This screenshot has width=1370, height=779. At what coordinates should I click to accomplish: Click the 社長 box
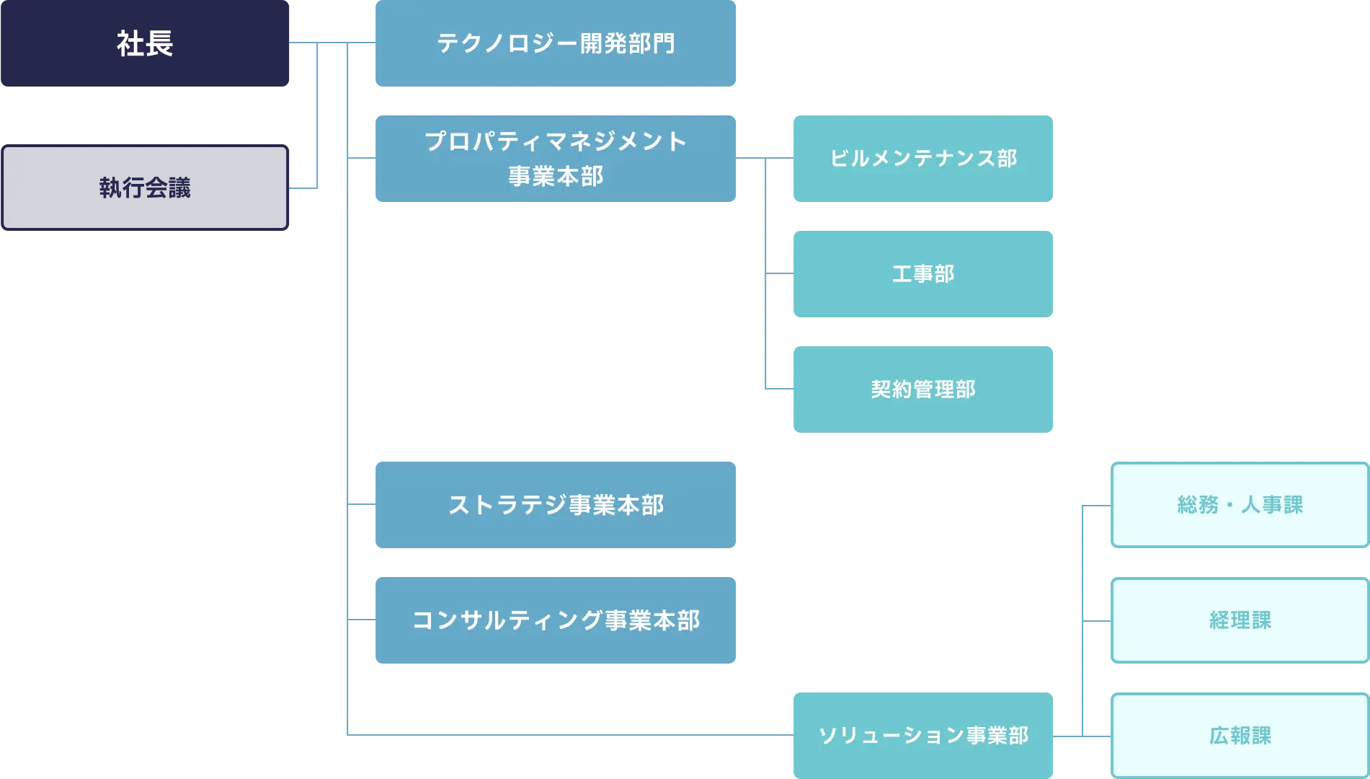pos(146,43)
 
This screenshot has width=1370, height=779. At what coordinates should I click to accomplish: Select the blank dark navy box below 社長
pos(146,188)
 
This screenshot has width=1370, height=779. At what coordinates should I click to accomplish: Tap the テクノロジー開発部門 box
pos(556,43)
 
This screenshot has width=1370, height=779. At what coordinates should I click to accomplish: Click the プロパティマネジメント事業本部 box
pos(556,159)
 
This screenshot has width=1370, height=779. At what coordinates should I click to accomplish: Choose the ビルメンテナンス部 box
pos(922,159)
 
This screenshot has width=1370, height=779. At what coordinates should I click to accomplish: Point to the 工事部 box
pos(922,274)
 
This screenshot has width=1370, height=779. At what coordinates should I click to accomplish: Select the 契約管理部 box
pos(922,389)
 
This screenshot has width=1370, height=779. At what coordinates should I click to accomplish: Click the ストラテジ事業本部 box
pos(556,505)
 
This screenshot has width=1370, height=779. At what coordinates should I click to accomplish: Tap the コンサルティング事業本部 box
pos(556,620)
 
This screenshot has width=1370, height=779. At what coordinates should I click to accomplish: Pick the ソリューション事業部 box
pos(922,736)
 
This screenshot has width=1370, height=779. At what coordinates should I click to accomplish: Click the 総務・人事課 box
pos(1239,505)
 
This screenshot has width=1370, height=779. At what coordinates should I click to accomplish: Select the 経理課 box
pos(1239,620)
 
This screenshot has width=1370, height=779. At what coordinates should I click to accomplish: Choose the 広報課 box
pos(1239,736)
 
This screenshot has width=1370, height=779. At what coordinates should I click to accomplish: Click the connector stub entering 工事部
pos(778,274)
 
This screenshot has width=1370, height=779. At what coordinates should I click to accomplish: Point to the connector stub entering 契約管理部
pos(778,389)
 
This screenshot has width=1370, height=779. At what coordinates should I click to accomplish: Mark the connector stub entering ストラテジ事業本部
pos(362,505)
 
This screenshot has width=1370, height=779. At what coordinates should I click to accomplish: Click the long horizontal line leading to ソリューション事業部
pos(569,736)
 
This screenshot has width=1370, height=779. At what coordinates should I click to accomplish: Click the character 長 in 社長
pos(159,43)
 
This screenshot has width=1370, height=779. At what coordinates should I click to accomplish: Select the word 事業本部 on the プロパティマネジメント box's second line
pos(556,176)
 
